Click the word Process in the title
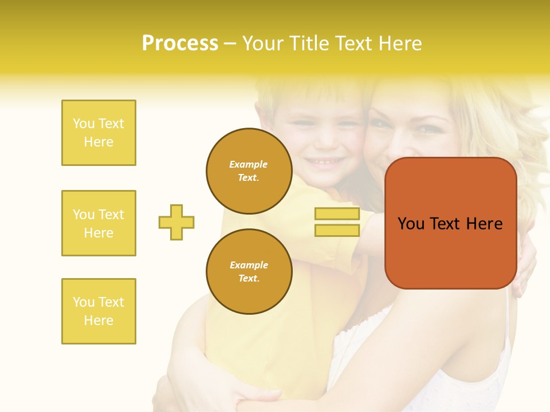[x=180, y=43]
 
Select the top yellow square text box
[x=99, y=133]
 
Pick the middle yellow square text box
[x=99, y=223]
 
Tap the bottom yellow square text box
[x=99, y=311]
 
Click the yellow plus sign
[x=176, y=222]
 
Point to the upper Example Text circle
[x=249, y=171]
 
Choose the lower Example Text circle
[x=249, y=272]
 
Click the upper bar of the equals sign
[x=337, y=213]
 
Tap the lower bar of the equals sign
[x=337, y=230]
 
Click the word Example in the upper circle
[x=249, y=164]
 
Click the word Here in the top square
[x=99, y=142]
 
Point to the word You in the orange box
[x=411, y=224]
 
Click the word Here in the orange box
[x=484, y=224]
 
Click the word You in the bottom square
[x=84, y=302]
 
